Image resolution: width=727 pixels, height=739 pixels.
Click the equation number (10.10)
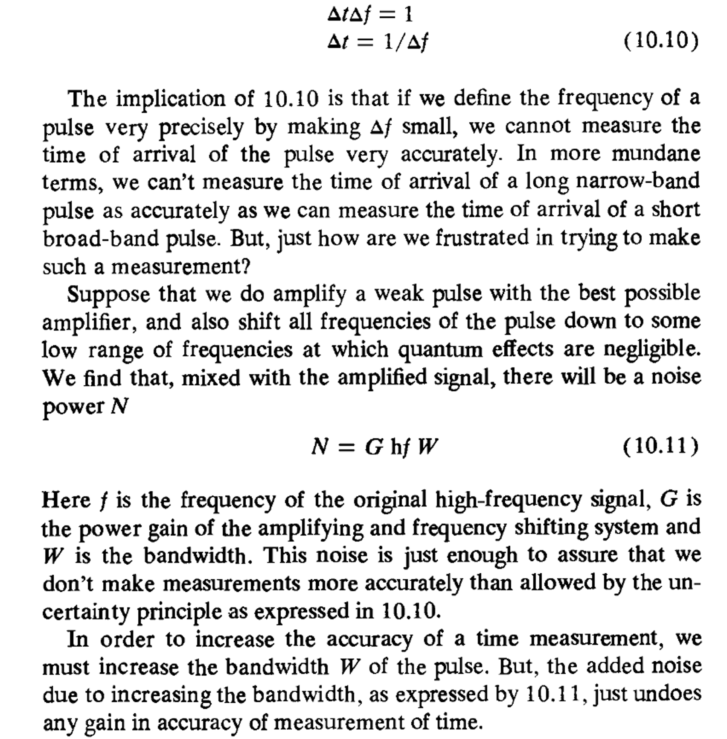(661, 41)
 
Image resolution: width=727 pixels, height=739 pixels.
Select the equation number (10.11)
(661, 447)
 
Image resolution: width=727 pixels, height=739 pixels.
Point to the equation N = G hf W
(375, 447)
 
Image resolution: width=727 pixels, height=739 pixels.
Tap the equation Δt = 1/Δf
(378, 41)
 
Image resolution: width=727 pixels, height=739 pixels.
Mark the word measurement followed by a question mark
(180, 267)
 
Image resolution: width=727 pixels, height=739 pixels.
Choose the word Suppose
(108, 295)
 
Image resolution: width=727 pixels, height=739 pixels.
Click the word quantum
(441, 350)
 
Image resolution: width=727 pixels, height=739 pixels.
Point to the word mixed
(211, 378)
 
